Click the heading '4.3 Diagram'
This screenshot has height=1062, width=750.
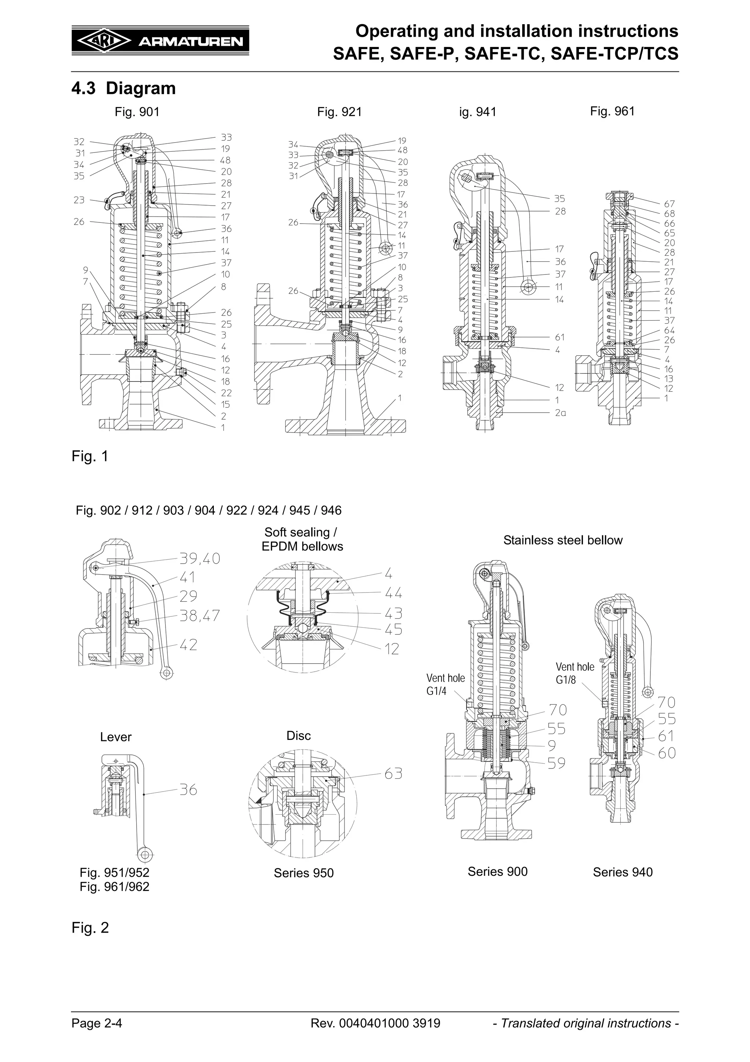click(x=123, y=88)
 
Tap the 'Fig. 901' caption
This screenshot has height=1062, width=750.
click(x=137, y=112)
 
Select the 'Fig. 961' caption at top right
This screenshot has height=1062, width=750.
click(x=612, y=111)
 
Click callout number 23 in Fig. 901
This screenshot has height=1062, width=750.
click(x=79, y=200)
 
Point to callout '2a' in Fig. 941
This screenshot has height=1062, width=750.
click(x=560, y=413)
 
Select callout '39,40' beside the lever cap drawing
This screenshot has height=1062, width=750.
click(x=200, y=559)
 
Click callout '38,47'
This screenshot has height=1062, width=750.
click(x=200, y=616)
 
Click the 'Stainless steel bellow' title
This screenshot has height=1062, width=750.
click(x=562, y=540)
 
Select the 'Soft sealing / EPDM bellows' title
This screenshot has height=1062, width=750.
click(x=302, y=539)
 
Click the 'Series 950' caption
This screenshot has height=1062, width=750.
click(x=303, y=873)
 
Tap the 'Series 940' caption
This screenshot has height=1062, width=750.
click(x=623, y=872)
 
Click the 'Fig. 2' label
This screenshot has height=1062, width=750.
click(x=90, y=928)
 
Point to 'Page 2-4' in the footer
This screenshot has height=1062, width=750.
click(x=97, y=1023)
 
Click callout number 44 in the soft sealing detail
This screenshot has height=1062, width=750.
click(x=393, y=593)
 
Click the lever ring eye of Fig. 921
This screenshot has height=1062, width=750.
click(x=385, y=249)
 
